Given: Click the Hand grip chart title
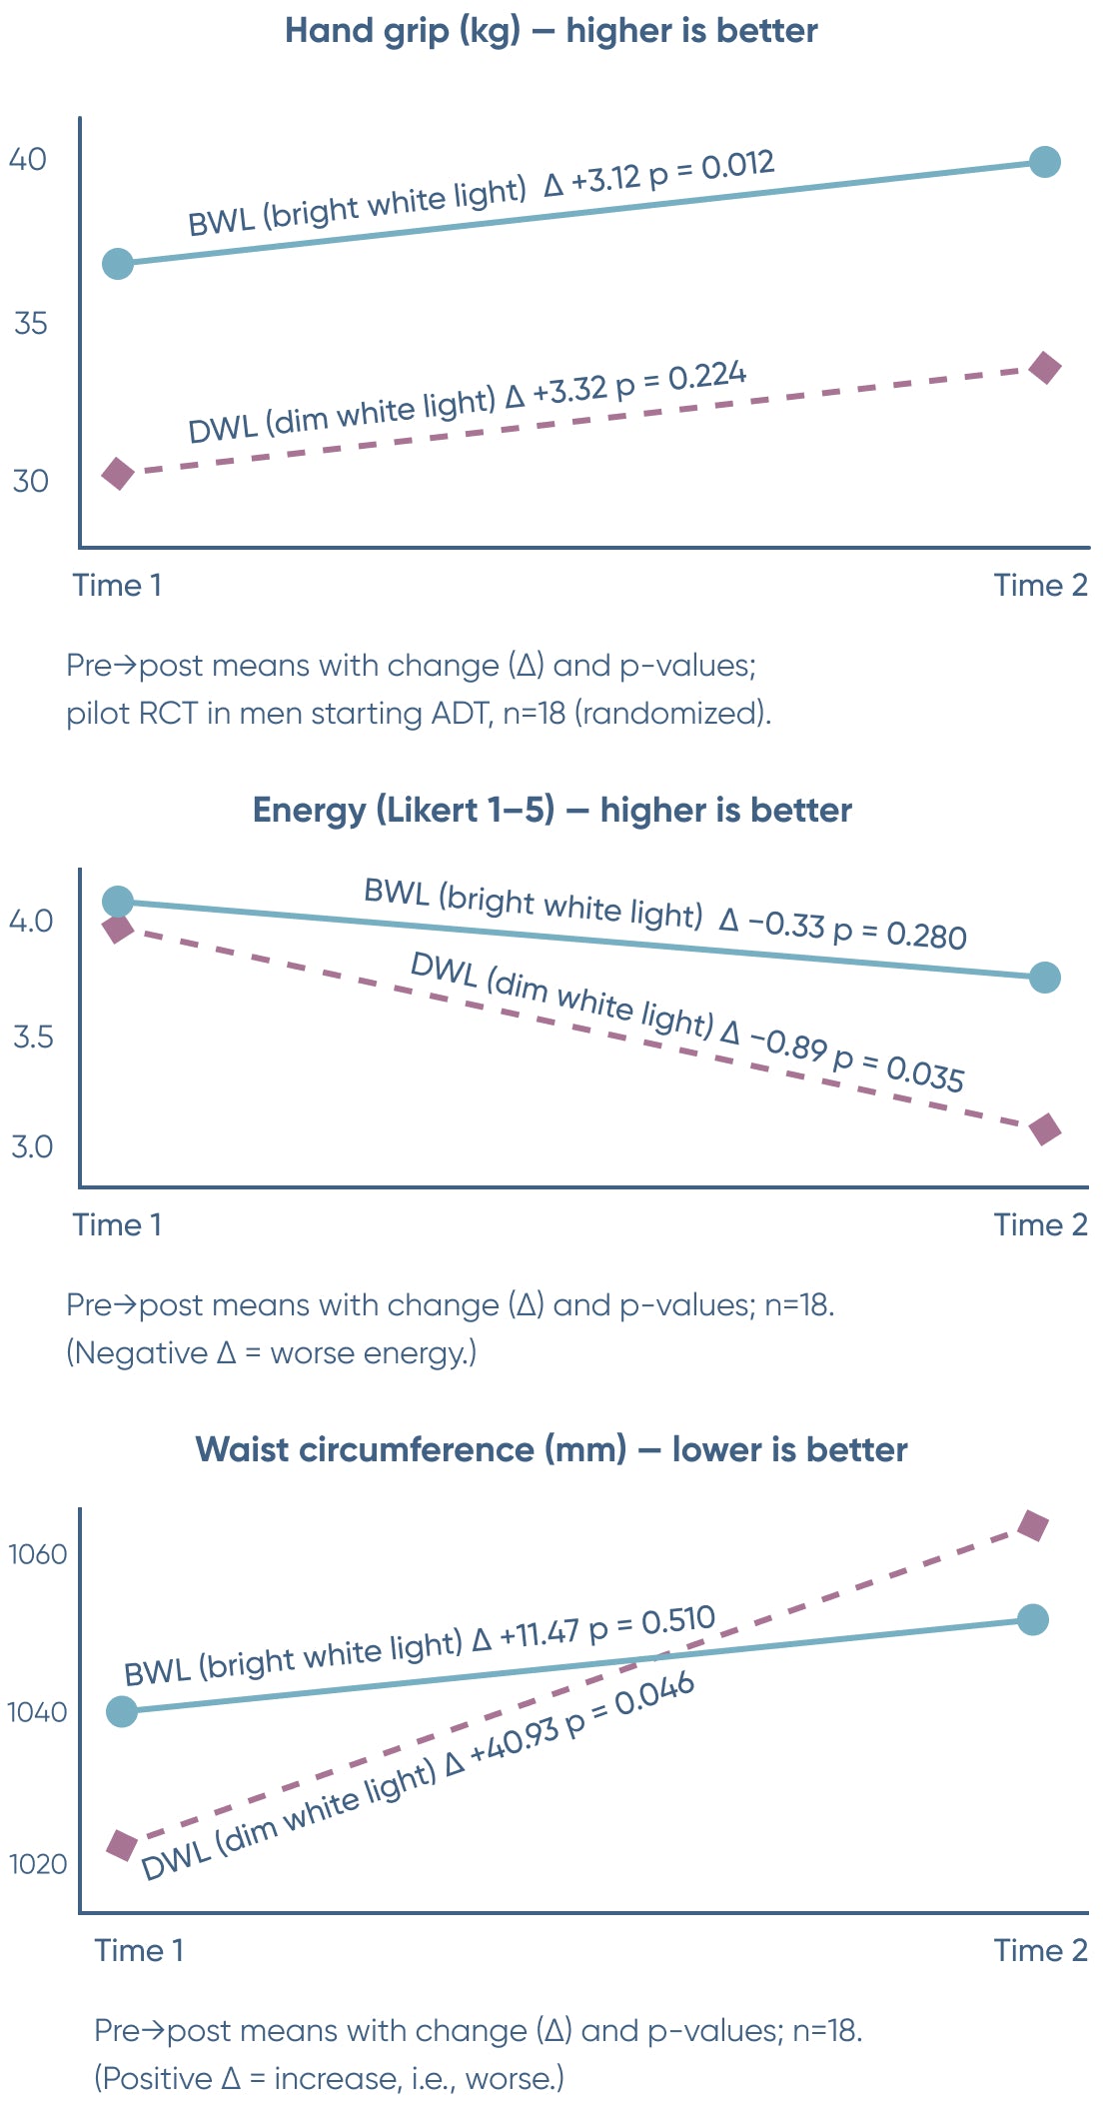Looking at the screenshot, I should (551, 31).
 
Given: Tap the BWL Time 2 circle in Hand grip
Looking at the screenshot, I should (1044, 162).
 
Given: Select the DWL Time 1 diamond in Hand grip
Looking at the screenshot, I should (118, 474).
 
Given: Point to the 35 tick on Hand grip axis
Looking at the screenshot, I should (30, 324).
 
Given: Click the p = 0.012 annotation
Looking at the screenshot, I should (711, 168).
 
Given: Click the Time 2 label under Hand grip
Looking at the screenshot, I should (1040, 586).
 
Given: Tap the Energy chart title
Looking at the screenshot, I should (551, 811).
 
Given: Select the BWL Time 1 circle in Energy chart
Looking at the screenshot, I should (118, 902).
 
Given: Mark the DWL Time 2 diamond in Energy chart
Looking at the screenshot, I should (1045, 1130).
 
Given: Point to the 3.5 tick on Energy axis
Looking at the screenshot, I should (32, 1038).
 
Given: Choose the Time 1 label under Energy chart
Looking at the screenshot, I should (117, 1225).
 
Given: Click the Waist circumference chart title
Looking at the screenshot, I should (551, 1450).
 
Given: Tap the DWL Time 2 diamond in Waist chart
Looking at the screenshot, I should (1033, 1526).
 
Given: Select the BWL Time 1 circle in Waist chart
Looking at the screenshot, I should (121, 1711).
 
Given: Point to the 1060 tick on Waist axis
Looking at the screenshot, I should (37, 1555).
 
